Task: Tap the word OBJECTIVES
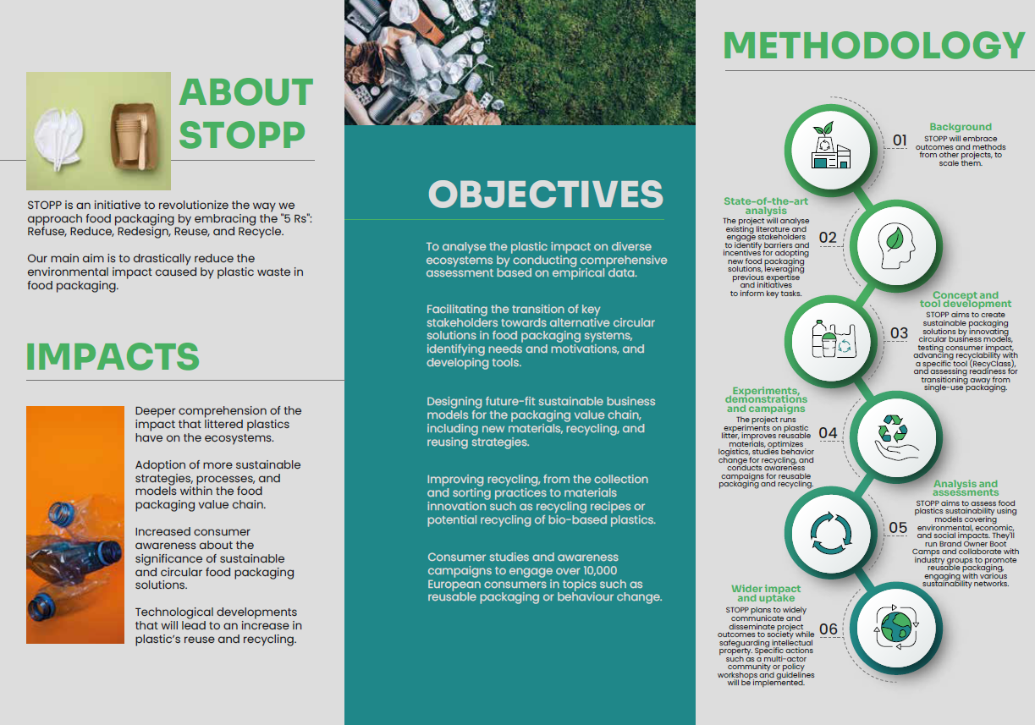(546, 194)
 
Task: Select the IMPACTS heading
(113, 356)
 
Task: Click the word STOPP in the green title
(242, 135)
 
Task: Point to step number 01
(900, 140)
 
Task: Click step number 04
(828, 432)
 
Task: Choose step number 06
(829, 629)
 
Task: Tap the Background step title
(961, 127)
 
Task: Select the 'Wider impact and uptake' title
(766, 593)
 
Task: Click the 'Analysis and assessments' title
(966, 487)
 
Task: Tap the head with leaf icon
(896, 245)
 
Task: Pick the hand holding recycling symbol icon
(896, 437)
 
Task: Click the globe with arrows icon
(896, 627)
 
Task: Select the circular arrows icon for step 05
(831, 532)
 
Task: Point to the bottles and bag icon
(834, 339)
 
